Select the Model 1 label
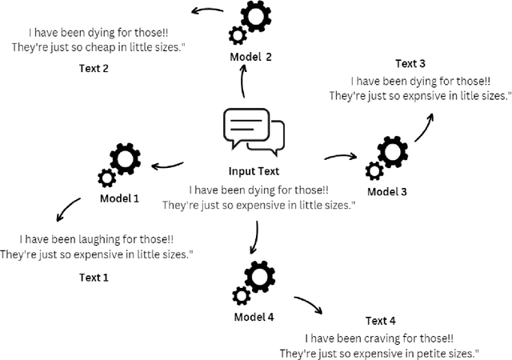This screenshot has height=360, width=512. tap(121, 198)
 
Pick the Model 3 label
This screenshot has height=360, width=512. tap(387, 192)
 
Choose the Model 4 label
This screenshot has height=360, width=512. tap(254, 317)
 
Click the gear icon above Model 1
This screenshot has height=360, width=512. tap(118, 166)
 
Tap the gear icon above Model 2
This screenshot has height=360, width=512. tap(250, 24)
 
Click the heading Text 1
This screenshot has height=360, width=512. tap(94, 278)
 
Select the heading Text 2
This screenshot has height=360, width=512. tap(94, 68)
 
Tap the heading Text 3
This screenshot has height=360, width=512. tap(410, 63)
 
